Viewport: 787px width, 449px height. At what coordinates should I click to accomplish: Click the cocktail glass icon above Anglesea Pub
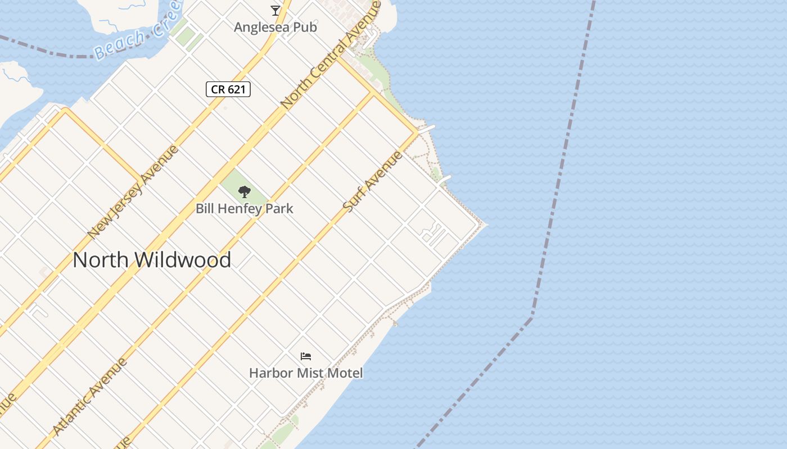click(275, 10)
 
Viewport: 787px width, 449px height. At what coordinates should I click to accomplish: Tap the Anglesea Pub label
click(275, 27)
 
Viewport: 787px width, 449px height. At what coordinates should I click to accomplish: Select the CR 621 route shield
click(228, 89)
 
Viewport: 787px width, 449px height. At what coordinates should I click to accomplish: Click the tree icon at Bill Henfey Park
click(244, 193)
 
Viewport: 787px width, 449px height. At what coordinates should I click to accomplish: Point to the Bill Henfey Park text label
click(245, 209)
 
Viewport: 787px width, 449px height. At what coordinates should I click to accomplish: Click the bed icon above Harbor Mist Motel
click(306, 356)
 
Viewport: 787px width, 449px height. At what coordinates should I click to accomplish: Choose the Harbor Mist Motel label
click(306, 373)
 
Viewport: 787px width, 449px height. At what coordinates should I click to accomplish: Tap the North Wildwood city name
click(152, 260)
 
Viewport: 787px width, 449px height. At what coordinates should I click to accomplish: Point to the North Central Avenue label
click(331, 54)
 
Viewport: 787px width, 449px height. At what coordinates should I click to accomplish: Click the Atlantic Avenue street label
click(90, 396)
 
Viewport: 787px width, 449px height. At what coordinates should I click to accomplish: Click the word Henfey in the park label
click(243, 209)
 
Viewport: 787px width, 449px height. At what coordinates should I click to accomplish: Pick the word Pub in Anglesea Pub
click(306, 27)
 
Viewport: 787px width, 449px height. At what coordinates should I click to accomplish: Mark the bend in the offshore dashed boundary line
click(532, 317)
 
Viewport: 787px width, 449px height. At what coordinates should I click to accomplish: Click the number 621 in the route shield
click(236, 89)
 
